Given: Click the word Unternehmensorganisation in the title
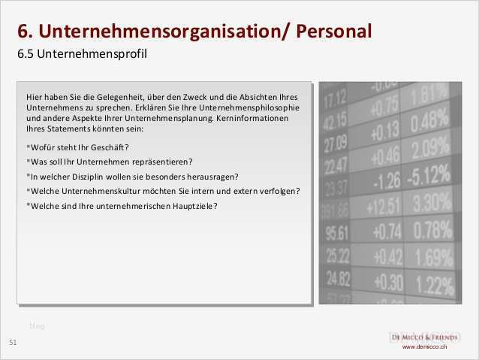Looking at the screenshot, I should [x=161, y=32].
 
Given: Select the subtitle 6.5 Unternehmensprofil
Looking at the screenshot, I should [x=82, y=55].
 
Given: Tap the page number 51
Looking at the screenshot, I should [x=13, y=343].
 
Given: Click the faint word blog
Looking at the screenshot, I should [x=38, y=325].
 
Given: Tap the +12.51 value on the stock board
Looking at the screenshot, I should [x=383, y=205].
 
